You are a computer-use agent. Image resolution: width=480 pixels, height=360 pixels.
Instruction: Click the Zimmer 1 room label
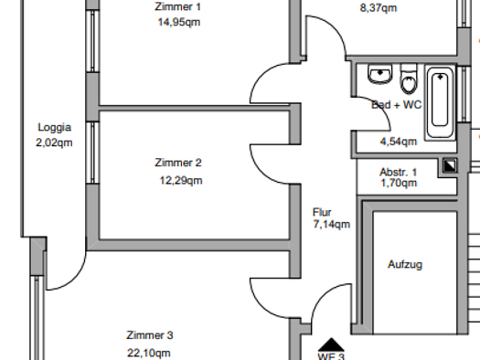coord(179,6)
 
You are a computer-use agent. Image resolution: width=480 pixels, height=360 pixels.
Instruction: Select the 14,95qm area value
coord(179,22)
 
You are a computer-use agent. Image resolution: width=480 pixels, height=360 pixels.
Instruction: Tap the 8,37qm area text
coord(379,8)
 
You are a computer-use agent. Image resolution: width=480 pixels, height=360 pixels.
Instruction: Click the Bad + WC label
coord(396,105)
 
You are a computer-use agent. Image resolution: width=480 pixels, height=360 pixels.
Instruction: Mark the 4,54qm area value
coord(399,141)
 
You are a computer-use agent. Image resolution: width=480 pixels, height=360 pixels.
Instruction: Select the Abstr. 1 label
coord(399,172)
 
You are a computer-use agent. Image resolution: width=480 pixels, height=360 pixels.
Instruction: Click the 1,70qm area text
coord(399,183)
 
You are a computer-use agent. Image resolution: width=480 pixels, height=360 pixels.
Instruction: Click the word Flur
coord(322,211)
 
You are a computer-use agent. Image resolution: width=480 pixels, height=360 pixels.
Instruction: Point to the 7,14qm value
coord(331,224)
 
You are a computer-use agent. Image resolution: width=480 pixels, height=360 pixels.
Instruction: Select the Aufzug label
coord(405,264)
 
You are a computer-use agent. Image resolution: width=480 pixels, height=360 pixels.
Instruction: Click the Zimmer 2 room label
coord(179,163)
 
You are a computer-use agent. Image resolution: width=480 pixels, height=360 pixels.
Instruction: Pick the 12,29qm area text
coord(181,180)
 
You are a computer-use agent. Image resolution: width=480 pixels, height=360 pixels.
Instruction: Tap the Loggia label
coord(54,128)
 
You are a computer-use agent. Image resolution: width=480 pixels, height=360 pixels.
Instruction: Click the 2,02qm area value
coord(54,143)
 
